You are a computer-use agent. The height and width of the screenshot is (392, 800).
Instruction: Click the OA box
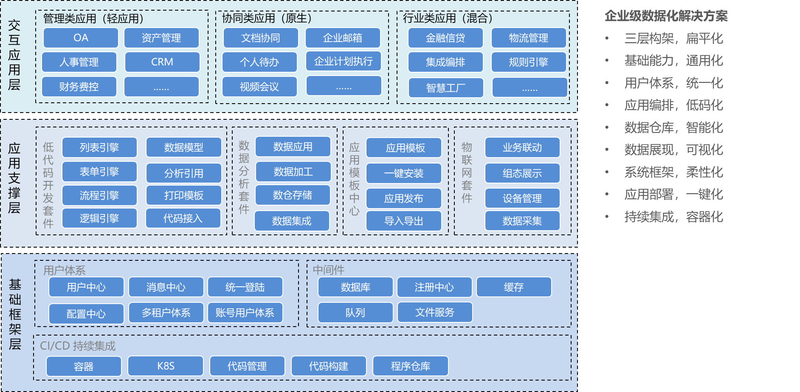(x=81, y=38)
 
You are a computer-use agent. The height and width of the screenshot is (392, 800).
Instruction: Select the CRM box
(x=162, y=62)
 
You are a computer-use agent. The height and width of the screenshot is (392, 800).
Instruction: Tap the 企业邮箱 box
(x=343, y=38)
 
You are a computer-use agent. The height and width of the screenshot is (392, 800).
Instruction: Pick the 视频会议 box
(x=259, y=87)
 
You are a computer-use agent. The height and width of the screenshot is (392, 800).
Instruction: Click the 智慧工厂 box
(x=446, y=87)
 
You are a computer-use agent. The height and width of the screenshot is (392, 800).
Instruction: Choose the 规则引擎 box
(x=529, y=62)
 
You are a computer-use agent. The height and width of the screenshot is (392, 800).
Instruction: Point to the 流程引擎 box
(x=99, y=195)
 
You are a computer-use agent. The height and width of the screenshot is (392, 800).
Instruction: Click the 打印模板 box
(x=184, y=195)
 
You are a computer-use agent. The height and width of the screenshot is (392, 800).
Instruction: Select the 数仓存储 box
(x=293, y=195)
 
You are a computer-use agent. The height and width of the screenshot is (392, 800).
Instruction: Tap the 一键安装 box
(x=404, y=173)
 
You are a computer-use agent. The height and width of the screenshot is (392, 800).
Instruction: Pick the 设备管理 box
(x=522, y=198)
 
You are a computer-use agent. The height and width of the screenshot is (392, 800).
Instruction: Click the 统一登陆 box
(x=245, y=287)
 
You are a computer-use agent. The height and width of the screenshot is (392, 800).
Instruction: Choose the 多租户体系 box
(x=166, y=313)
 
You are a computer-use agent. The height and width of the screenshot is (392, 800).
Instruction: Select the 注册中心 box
(x=434, y=287)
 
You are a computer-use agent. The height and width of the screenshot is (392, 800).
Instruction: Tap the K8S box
(x=166, y=366)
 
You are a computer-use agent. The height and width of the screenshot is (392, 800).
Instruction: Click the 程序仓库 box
(x=410, y=366)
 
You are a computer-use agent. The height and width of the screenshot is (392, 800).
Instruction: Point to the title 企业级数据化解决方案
(x=666, y=16)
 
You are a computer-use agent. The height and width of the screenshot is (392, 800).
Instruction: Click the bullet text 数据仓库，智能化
(x=673, y=127)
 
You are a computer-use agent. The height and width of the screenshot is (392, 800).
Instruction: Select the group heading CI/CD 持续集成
(x=78, y=346)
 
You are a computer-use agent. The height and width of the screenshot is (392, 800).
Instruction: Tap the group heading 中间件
(x=329, y=270)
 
